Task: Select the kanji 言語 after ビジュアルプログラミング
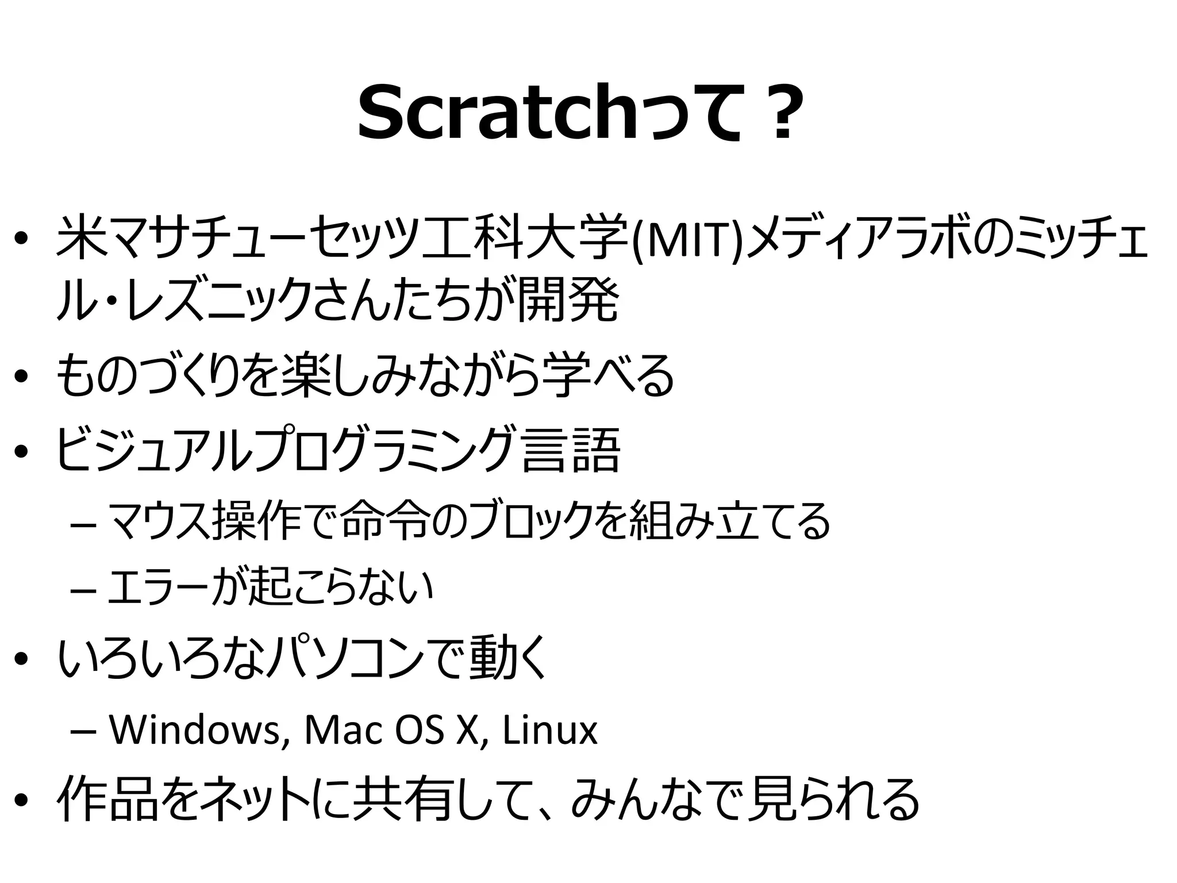click(x=572, y=451)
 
